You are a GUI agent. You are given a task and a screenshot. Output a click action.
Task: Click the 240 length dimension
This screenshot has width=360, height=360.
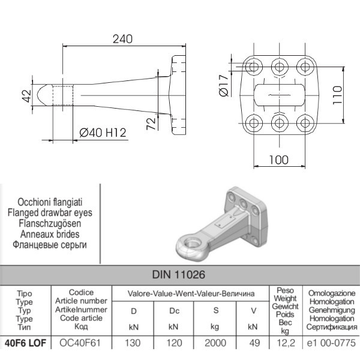[x=122, y=39]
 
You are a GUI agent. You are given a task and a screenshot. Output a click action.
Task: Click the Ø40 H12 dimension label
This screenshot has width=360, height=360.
[x=103, y=133]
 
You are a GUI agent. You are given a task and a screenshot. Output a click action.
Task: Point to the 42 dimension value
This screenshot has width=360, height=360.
[x=26, y=96]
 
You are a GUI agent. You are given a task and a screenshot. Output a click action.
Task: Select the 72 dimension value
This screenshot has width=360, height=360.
[x=151, y=124]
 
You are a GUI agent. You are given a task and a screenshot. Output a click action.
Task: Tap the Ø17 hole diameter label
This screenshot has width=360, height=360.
[x=223, y=85]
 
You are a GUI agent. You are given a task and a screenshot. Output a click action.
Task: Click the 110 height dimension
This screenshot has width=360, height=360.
[x=337, y=95]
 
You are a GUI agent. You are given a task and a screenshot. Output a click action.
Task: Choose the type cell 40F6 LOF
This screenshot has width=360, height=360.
[x=25, y=344]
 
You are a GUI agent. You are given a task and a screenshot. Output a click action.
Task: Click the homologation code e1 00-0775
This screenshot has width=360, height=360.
[x=332, y=344]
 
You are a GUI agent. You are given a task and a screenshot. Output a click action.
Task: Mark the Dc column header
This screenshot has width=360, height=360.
[x=173, y=311]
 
